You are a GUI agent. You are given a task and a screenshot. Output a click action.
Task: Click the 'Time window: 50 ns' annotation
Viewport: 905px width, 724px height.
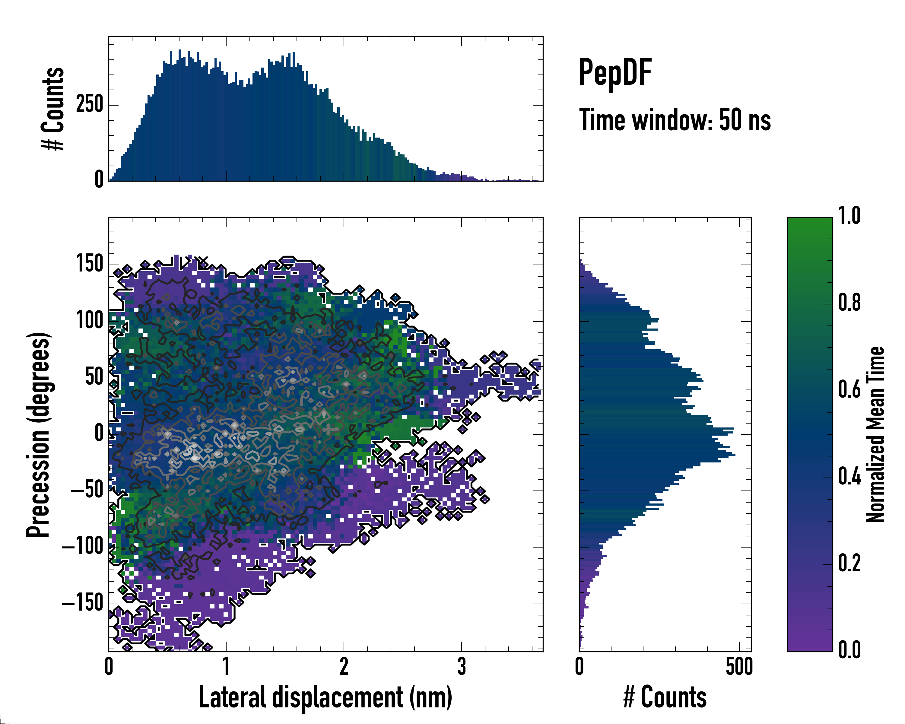pyautogui.click(x=675, y=120)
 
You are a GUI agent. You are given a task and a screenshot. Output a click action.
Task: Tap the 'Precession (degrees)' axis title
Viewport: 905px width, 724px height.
pyautogui.click(x=39, y=434)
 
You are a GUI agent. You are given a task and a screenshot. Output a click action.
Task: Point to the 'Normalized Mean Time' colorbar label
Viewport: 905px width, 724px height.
pyautogui.click(x=875, y=434)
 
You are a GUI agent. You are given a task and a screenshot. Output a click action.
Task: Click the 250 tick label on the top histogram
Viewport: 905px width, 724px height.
pyautogui.click(x=89, y=104)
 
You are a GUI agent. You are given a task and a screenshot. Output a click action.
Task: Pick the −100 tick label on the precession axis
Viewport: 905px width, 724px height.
pyautogui.click(x=83, y=546)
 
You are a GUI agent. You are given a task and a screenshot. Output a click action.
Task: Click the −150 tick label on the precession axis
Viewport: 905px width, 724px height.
pyautogui.click(x=83, y=603)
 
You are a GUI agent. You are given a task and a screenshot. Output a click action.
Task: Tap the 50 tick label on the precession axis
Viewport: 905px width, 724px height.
pyautogui.click(x=94, y=377)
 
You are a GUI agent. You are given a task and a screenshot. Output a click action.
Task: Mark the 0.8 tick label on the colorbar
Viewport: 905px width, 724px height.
pyautogui.click(x=849, y=303)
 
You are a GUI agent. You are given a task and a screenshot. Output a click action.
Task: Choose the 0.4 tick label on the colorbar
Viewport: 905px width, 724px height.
pyautogui.click(x=849, y=477)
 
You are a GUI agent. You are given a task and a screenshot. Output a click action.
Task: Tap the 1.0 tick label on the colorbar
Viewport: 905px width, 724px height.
pyautogui.click(x=849, y=216)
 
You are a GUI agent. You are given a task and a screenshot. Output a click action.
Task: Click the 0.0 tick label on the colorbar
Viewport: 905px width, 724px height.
pyautogui.click(x=849, y=650)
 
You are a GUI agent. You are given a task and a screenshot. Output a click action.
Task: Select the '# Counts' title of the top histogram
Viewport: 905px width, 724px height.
pyautogui.click(x=53, y=108)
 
